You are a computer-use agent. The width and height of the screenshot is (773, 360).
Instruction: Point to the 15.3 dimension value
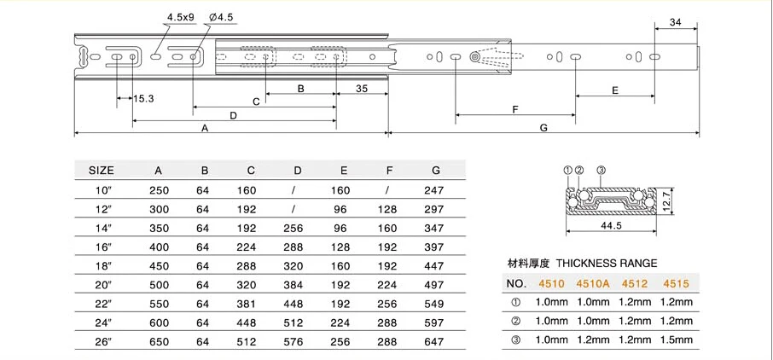coord(143,99)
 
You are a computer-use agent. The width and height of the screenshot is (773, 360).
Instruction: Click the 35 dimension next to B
coord(362,88)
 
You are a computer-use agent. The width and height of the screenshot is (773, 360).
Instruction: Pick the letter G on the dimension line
coord(543,128)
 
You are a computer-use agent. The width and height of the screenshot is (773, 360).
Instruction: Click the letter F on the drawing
coord(514,109)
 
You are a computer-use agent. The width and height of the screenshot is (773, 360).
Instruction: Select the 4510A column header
coord(594,282)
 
